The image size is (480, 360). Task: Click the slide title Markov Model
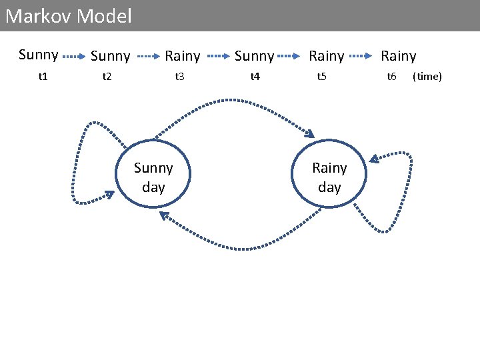click(69, 16)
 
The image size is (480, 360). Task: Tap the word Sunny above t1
click(38, 55)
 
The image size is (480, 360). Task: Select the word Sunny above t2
click(110, 56)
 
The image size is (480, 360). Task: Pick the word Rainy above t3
click(182, 56)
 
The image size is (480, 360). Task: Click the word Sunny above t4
click(254, 56)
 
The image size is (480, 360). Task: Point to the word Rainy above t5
click(327, 56)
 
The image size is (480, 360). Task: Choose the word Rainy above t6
click(398, 56)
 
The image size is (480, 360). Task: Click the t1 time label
click(43, 77)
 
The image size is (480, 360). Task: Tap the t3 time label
click(179, 77)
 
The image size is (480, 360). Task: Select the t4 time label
click(254, 77)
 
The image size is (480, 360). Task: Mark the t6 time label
click(392, 77)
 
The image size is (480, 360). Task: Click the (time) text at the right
click(427, 77)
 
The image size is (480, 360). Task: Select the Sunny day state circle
click(153, 174)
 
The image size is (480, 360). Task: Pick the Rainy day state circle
click(329, 174)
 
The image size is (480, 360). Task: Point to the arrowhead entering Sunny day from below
click(164, 215)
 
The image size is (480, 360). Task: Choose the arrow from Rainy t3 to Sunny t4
click(218, 57)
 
